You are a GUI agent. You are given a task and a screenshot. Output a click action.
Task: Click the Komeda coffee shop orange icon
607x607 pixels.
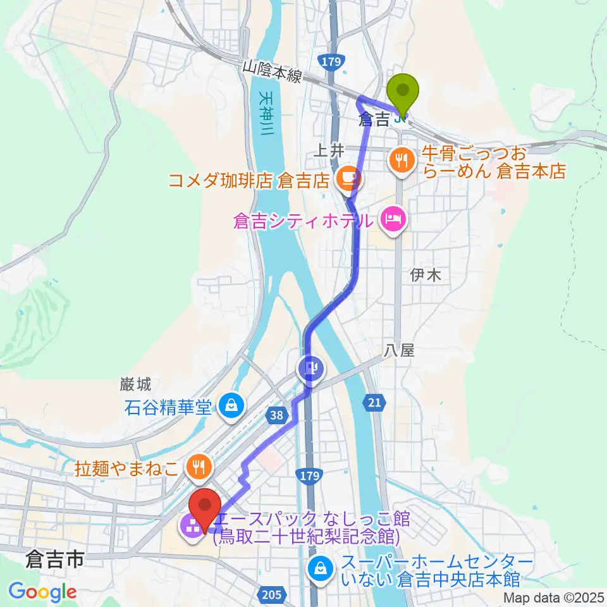click(347, 180)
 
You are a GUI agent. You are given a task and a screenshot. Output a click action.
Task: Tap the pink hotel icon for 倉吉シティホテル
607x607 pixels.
click(393, 221)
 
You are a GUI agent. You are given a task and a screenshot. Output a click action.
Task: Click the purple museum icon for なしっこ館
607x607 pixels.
click(190, 524)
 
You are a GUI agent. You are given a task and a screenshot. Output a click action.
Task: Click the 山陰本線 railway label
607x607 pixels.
click(273, 71)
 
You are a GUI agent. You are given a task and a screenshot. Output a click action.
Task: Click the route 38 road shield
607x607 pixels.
click(275, 415)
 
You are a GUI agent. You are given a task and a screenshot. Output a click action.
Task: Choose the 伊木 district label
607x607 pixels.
click(425, 274)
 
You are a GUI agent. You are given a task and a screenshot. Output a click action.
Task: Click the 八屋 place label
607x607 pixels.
click(399, 350)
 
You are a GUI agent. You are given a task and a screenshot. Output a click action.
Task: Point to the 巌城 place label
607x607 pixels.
click(135, 384)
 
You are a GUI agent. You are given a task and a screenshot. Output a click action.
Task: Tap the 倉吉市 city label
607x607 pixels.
click(55, 560)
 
